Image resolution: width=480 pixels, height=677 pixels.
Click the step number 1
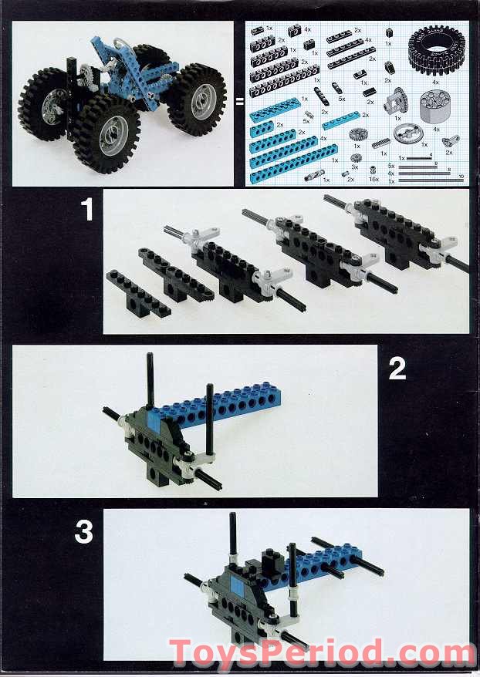(86, 209)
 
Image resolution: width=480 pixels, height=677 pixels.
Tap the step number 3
(83, 532)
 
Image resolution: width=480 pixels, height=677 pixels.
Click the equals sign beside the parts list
(239, 100)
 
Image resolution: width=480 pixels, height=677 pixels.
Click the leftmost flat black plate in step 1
(139, 293)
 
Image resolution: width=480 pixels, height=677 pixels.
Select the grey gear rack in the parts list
(381, 143)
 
